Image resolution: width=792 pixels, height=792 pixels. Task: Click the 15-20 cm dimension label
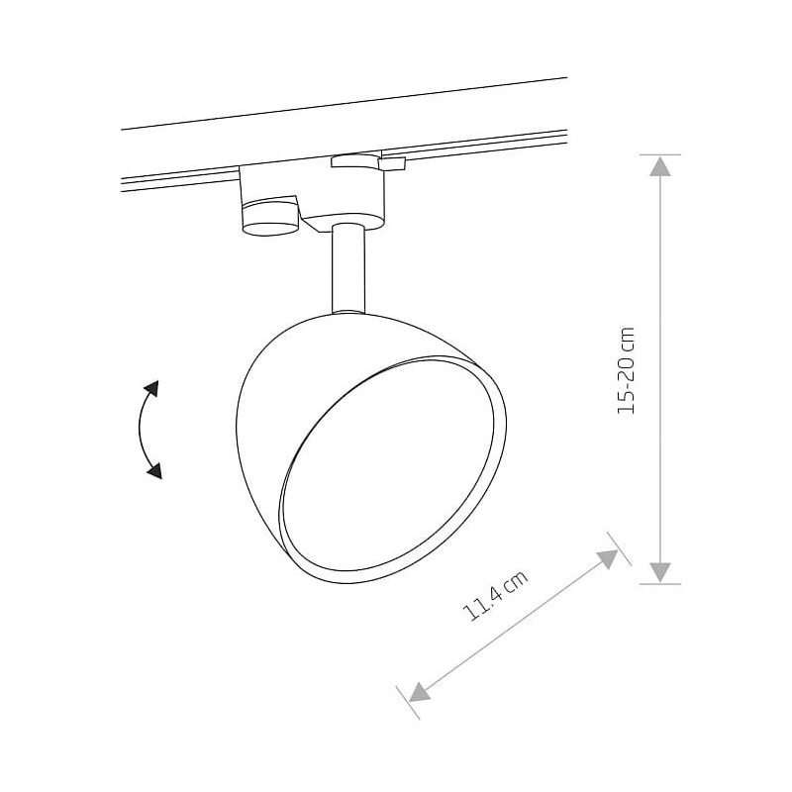pyautogui.click(x=626, y=370)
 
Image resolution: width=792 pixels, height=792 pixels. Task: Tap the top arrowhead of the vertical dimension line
pyautogui.click(x=659, y=166)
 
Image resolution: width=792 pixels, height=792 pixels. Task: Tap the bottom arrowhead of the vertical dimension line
pyautogui.click(x=659, y=573)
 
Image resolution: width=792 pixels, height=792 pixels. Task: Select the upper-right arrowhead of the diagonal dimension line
pyautogui.click(x=609, y=559)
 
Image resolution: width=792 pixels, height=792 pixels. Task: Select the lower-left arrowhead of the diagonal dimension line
pyautogui.click(x=419, y=691)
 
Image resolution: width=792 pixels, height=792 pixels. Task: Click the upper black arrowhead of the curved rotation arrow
pyautogui.click(x=151, y=389)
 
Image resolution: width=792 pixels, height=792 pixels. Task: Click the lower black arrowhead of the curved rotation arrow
pyautogui.click(x=154, y=470)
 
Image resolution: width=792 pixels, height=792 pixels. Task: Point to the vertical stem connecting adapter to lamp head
pyautogui.click(x=348, y=269)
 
